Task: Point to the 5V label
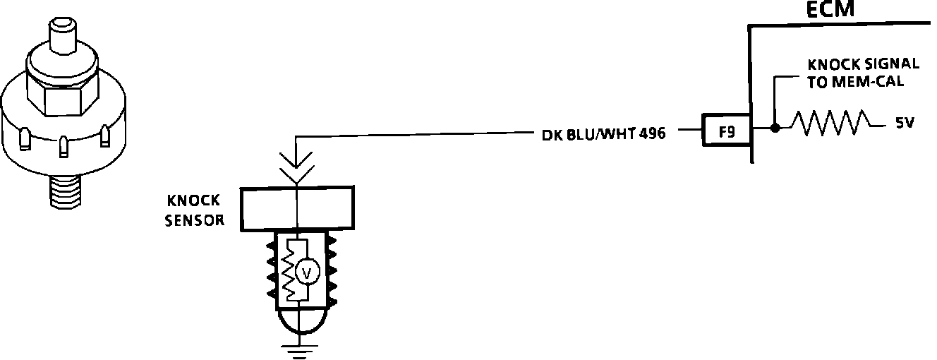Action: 905,123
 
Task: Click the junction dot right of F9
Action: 775,128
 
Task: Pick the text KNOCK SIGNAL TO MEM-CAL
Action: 862,72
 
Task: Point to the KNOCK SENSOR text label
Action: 195,210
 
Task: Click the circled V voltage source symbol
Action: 306,272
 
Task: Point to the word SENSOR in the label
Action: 195,220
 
